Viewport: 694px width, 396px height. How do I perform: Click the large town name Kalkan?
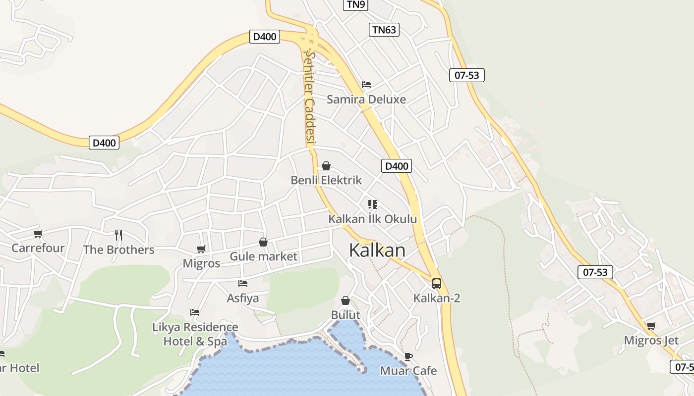[x=377, y=250]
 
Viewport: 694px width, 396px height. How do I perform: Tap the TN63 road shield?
[x=384, y=30]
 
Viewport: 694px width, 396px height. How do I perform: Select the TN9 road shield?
[x=356, y=4]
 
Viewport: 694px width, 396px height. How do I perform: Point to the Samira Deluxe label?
[x=366, y=99]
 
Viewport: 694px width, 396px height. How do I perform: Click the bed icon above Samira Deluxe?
[x=366, y=84]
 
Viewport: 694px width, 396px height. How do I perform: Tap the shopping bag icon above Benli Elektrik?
[x=326, y=166]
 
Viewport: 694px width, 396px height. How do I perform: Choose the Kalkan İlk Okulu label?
[x=372, y=219]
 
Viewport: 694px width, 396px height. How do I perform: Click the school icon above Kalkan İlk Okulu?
[x=373, y=204]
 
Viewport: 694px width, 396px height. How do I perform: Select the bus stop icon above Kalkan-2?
[x=437, y=284]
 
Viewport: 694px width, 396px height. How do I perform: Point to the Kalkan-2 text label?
[x=437, y=298]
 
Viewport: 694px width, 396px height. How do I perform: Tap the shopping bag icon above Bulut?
[x=346, y=300]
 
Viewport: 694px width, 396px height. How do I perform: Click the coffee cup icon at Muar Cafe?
[x=408, y=356]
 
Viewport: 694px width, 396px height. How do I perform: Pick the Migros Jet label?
[x=651, y=341]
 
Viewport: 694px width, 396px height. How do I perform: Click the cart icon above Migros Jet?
[x=651, y=326]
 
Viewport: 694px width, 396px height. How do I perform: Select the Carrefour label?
[x=38, y=248]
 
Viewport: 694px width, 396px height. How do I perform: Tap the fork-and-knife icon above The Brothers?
[x=118, y=235]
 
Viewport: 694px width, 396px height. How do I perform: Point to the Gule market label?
[x=263, y=256]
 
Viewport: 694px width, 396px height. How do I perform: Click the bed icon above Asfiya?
[x=243, y=284]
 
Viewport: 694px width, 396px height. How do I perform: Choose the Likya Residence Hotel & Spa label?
[x=195, y=334]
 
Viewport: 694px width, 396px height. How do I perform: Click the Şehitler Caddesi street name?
[x=310, y=99]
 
